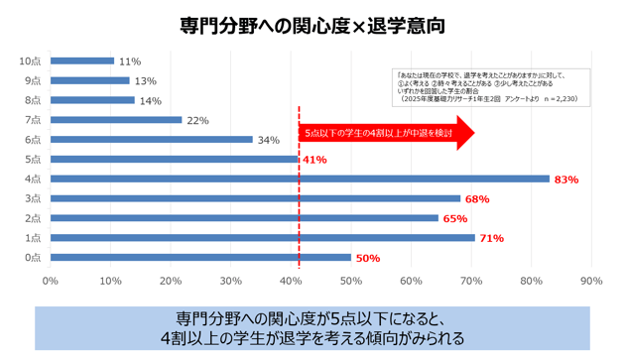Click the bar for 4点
pos(298,179)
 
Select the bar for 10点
pos(81,61)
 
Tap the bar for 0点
pos(198,258)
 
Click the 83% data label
pos(566,180)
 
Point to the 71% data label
pos(492,238)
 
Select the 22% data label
pos(197,120)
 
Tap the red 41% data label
pos(314,160)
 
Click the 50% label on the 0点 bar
pos(368,258)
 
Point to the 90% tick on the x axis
pos(591,281)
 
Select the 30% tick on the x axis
pos(230,281)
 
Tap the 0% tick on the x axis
pos(50,281)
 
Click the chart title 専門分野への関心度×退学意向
pos(312,25)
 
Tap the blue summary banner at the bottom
pos(312,328)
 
